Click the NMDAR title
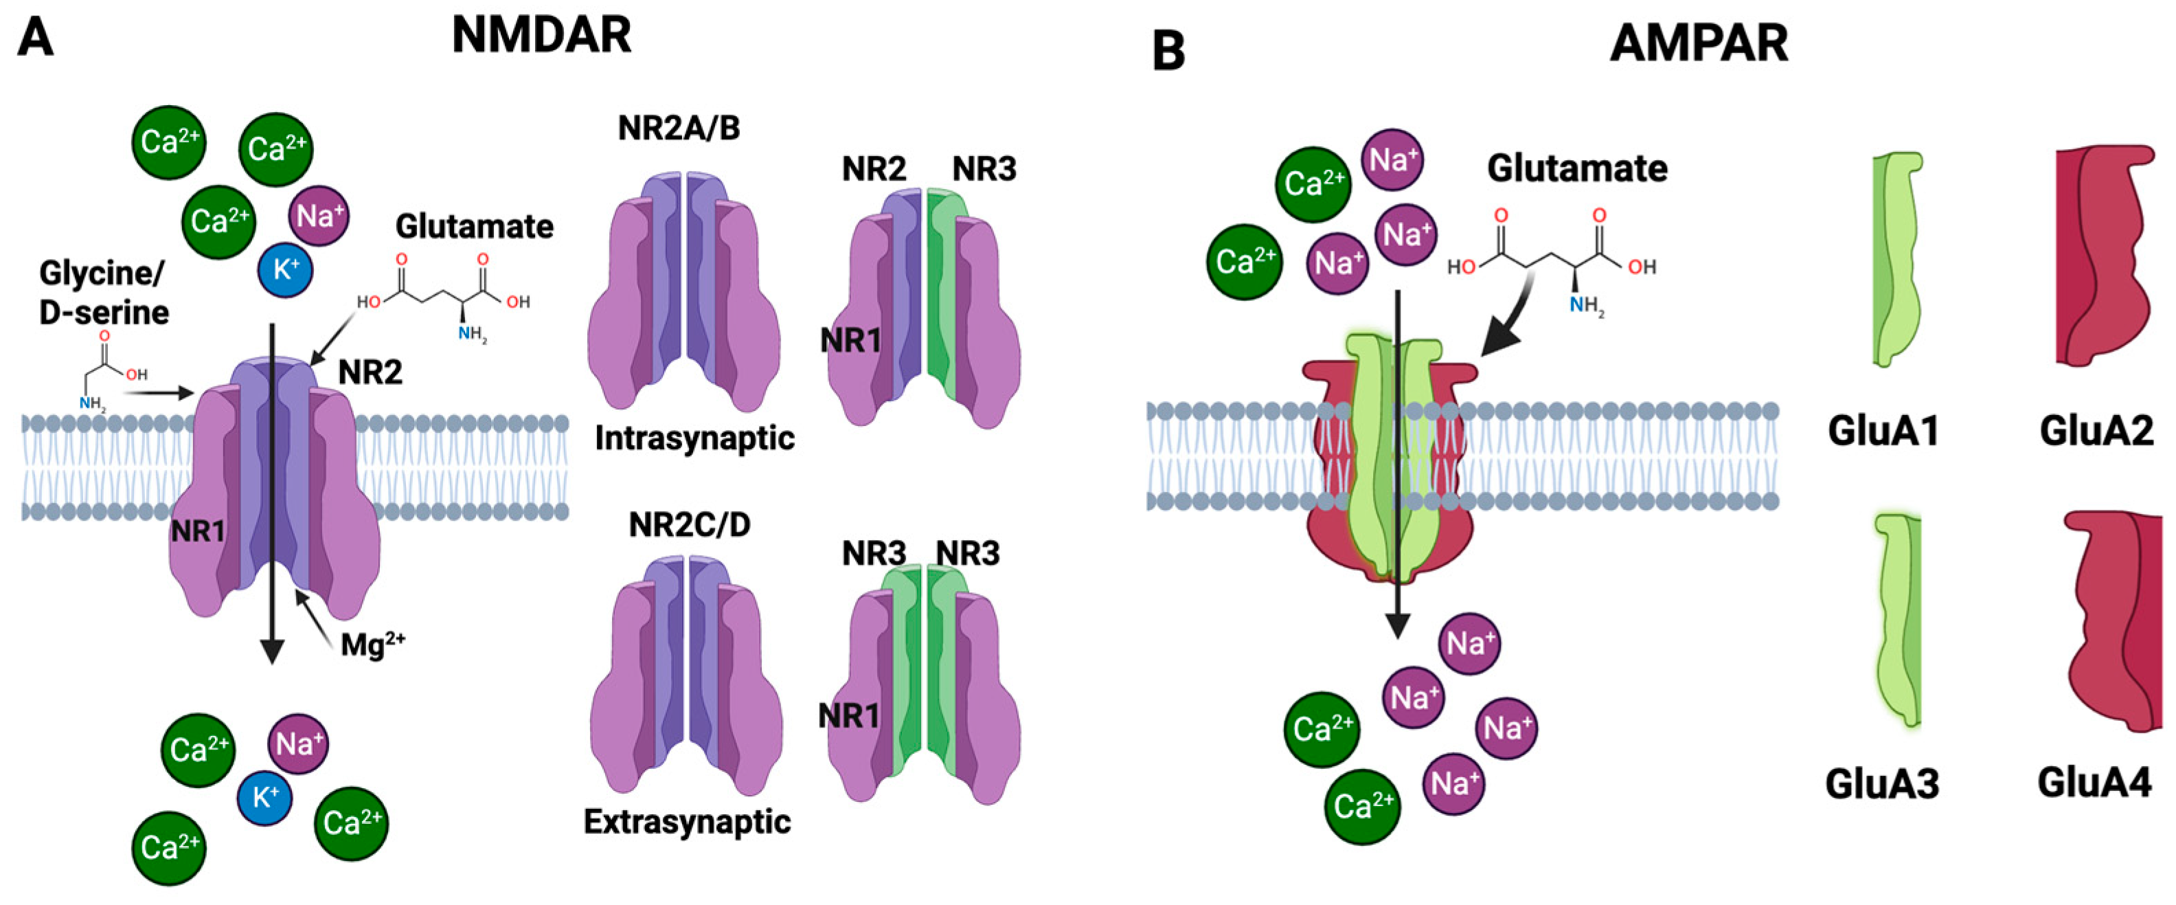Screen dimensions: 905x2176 [541, 36]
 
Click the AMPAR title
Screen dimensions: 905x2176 [1699, 43]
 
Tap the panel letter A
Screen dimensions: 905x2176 [36, 37]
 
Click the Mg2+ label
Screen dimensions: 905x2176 [372, 645]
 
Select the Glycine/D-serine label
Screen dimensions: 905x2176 [104, 292]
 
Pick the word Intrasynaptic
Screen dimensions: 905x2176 [694, 438]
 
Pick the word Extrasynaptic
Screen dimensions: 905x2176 [687, 821]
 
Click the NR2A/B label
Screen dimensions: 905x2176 [679, 129]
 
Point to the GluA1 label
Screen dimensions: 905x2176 [1882, 431]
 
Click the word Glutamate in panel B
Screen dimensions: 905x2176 [1576, 168]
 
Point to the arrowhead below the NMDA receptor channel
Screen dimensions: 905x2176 [271, 651]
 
